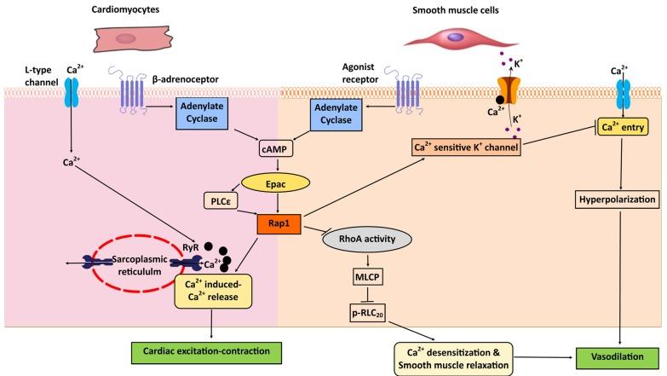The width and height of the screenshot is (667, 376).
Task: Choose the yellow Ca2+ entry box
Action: (x=611, y=128)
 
